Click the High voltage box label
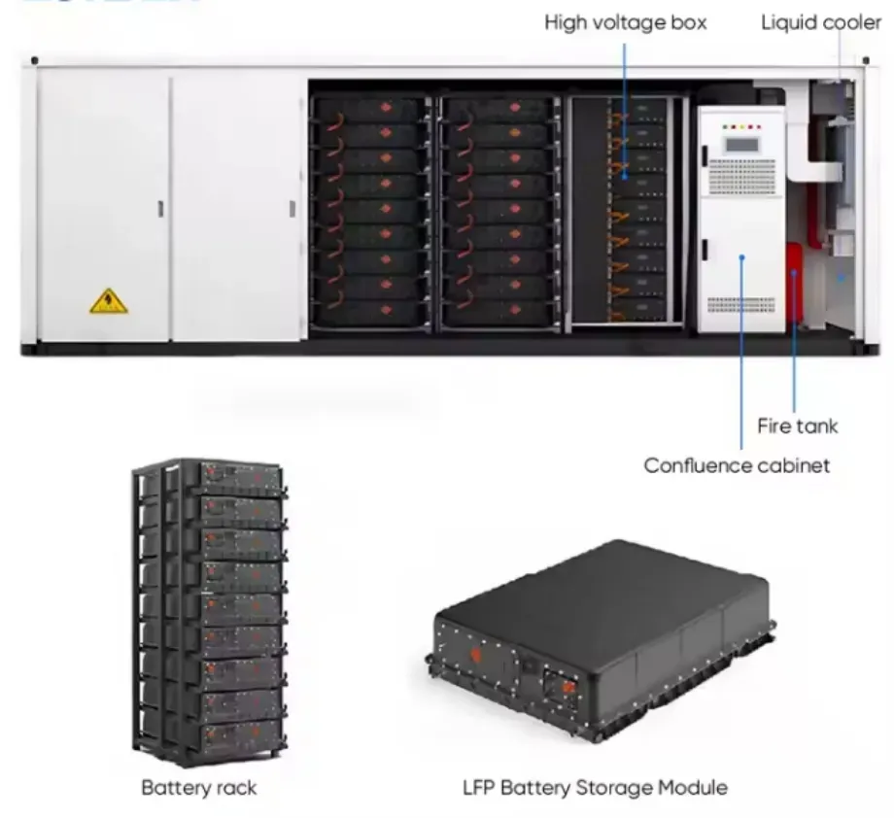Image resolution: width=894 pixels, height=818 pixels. pos(625,21)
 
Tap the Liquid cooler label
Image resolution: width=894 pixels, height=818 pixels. pos(820,21)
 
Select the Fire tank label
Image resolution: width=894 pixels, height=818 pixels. pos(797,426)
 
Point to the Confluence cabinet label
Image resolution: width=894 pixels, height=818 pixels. pos(737,465)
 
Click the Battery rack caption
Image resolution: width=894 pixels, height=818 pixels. pos(199,787)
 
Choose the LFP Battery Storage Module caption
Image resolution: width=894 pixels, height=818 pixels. pos(595,787)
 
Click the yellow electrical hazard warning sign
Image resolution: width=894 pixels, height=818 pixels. pos(109,302)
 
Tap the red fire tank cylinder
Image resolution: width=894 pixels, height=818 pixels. pos(794,281)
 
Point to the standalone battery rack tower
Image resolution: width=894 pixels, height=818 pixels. pos(210,612)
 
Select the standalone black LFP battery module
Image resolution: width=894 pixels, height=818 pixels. pos(602,622)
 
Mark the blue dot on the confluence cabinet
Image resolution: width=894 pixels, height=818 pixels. pos(741,257)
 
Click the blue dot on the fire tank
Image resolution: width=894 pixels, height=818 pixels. pos(793,275)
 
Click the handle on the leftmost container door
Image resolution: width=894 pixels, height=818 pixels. pos(161,208)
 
